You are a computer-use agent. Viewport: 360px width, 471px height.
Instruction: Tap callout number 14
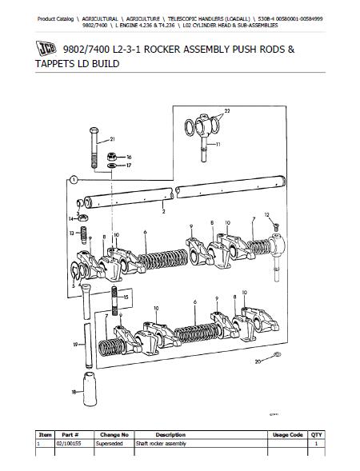70,217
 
